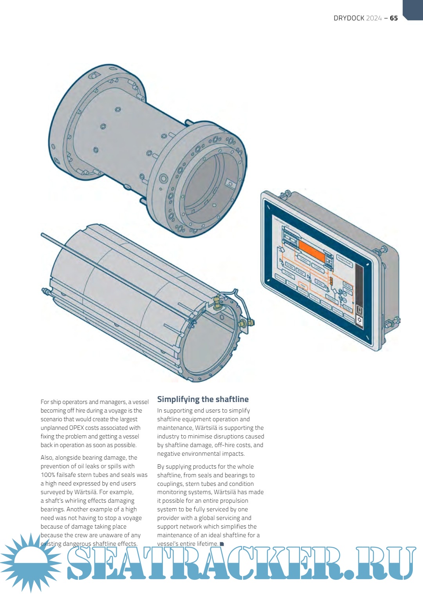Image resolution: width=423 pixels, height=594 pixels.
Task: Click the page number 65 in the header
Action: [394, 18]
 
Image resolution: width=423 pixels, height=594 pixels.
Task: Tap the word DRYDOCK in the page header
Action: [349, 18]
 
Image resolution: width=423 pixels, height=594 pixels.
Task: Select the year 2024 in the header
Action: [374, 18]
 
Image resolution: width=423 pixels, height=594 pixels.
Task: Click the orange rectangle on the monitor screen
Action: [312, 251]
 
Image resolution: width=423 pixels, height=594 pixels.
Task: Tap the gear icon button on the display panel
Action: [359, 320]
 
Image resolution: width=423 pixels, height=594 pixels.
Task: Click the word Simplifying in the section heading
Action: [178, 399]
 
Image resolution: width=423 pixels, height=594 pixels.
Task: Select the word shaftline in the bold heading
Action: [231, 399]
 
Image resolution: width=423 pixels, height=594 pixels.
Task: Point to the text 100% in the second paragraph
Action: [47, 475]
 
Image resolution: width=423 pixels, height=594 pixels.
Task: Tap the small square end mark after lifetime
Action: [222, 544]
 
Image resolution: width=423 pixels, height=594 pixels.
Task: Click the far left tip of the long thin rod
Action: [42, 234]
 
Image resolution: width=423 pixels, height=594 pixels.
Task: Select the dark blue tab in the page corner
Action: [413, 9]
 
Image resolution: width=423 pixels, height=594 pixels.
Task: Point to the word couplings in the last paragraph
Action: [170, 484]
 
